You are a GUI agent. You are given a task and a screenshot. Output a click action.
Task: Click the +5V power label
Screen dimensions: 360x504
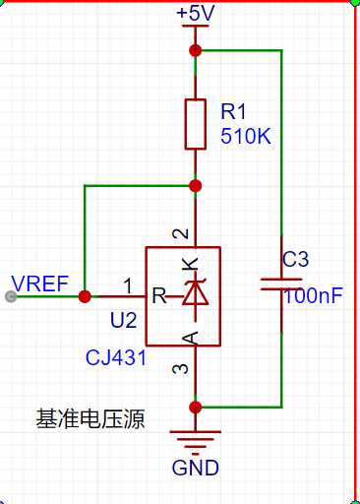pyautogui.click(x=196, y=14)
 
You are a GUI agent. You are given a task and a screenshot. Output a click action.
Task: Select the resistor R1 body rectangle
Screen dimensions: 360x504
pyautogui.click(x=196, y=124)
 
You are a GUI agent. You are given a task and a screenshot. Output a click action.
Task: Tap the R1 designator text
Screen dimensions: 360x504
pyautogui.click(x=233, y=111)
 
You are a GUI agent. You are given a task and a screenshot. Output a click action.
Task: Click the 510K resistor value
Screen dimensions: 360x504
pyautogui.click(x=246, y=136)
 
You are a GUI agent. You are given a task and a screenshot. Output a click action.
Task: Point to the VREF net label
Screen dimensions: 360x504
pyautogui.click(x=39, y=283)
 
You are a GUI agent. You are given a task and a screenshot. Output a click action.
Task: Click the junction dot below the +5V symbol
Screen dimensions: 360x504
pyautogui.click(x=196, y=50)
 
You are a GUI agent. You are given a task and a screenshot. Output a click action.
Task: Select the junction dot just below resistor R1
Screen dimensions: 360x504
pyautogui.click(x=196, y=186)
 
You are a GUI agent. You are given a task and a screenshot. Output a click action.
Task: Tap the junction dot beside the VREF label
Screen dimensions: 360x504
pyautogui.click(x=85, y=296)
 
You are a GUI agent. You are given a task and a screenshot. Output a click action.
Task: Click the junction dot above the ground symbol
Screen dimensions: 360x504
pyautogui.click(x=196, y=408)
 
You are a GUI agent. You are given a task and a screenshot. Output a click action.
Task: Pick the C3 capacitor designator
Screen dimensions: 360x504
pyautogui.click(x=295, y=259)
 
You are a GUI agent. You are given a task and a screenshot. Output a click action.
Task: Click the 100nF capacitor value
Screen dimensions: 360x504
pyautogui.click(x=313, y=295)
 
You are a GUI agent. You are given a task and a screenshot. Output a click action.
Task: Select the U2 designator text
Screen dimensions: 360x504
pyautogui.click(x=124, y=320)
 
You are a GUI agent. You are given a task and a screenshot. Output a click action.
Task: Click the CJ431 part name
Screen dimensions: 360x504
pyautogui.click(x=116, y=357)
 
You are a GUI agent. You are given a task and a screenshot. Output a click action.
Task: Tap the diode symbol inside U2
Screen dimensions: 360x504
pyautogui.click(x=196, y=294)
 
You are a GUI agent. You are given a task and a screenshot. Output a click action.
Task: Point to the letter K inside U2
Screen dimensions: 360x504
pyautogui.click(x=190, y=264)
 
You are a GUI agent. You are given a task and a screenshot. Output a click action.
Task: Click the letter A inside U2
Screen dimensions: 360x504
pyautogui.click(x=190, y=338)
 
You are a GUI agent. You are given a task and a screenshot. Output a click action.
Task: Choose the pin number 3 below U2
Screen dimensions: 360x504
pyautogui.click(x=180, y=369)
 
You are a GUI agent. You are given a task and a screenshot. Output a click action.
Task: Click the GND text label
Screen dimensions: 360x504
pyautogui.click(x=196, y=468)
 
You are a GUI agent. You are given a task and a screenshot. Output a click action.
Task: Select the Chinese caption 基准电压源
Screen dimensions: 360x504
pyautogui.click(x=90, y=419)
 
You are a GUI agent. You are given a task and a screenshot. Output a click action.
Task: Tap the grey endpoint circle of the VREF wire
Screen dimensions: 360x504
pyautogui.click(x=11, y=296)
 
